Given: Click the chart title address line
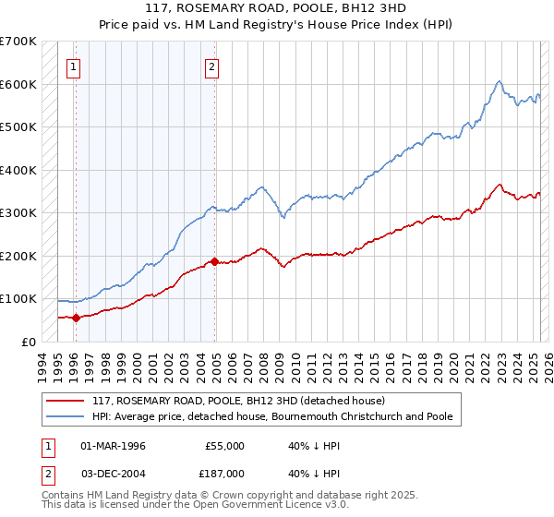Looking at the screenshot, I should point(276,7).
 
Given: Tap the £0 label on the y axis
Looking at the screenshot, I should point(29,342).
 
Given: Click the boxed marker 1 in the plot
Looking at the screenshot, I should point(73,66).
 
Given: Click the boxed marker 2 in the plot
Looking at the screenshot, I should point(212,66).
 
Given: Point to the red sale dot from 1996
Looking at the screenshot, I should point(76,318).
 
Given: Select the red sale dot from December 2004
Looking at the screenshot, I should point(214,261).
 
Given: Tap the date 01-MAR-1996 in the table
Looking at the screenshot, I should point(113,446).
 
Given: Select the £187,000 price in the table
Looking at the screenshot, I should point(224,473).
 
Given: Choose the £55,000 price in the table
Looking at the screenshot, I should point(224,446).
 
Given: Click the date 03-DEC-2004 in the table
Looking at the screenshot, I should point(113,473).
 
